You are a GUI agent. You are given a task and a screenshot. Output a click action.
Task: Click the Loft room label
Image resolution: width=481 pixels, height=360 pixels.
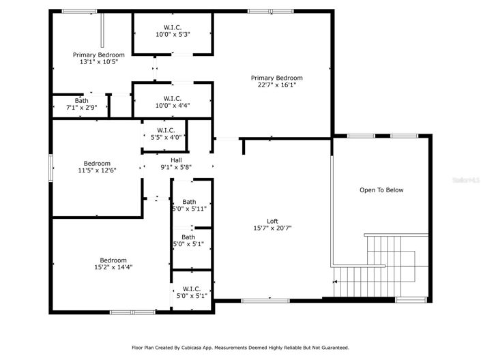coord(272,221)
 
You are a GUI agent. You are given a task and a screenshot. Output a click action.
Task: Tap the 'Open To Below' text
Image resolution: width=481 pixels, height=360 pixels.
coord(381,190)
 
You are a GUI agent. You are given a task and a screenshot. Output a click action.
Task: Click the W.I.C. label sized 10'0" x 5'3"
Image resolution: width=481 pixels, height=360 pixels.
coord(172,27)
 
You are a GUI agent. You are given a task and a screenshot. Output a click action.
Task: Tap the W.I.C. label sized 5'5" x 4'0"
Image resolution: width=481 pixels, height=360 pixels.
coord(166,130)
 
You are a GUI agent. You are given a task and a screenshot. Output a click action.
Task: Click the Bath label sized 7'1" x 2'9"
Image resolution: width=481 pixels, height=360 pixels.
coord(81,100)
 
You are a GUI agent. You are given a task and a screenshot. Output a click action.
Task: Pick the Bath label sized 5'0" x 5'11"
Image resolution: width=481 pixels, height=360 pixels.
coord(189,202)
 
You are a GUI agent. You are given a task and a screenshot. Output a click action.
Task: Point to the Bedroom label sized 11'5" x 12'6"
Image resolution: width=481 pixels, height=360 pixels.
coord(97,163)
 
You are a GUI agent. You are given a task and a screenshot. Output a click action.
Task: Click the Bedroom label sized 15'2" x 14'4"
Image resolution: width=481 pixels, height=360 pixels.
coord(113,260)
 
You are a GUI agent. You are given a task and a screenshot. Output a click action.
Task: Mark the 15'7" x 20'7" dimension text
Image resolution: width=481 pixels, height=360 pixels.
coord(272,229)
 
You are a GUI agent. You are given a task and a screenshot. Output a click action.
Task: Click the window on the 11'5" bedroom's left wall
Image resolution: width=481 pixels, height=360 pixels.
coord(50,168)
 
